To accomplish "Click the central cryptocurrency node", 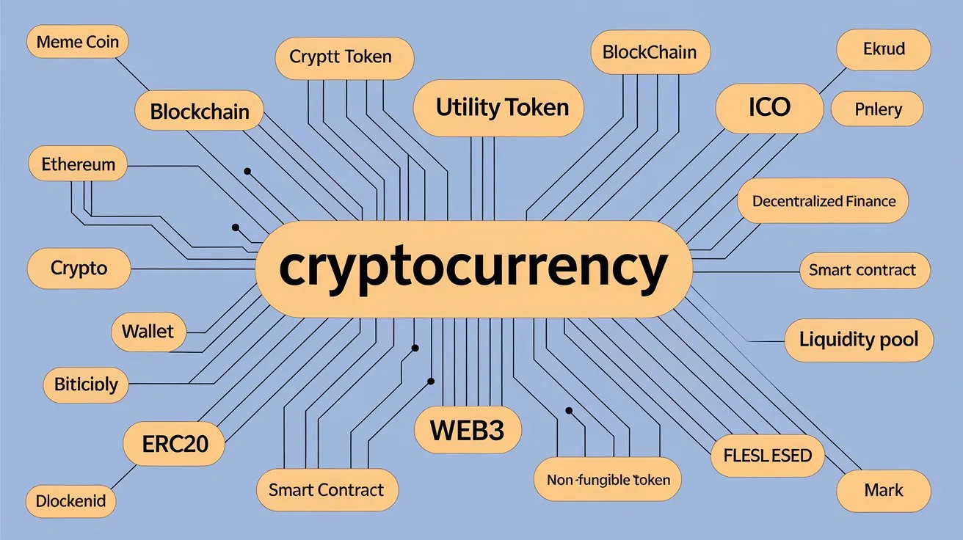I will (473, 269).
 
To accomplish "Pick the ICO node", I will (769, 108).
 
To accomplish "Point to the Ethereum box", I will (78, 164).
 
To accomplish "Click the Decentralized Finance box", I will (824, 200).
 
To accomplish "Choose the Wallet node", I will (148, 331).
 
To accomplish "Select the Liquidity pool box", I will (859, 340).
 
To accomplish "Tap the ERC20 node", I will (174, 443).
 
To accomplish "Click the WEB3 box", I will (468, 430).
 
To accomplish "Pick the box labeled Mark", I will (884, 490).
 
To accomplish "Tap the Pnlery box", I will (878, 110).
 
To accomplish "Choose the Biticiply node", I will (86, 384).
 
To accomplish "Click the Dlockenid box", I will (70, 502).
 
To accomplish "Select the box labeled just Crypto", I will (79, 269).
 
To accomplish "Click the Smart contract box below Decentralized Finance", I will (862, 270).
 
